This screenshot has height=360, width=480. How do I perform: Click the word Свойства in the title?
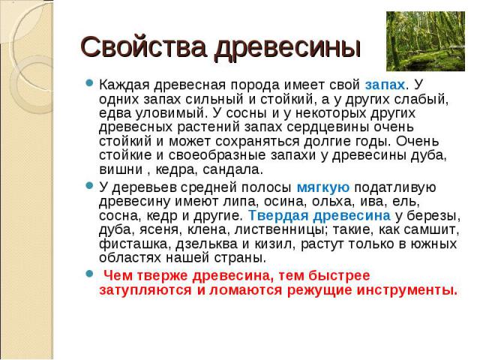pos(143,46)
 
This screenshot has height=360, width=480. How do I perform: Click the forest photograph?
pos(425,41)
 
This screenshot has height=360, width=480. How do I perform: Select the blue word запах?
pos(385,85)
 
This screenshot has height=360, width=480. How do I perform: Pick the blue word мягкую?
pos(323,187)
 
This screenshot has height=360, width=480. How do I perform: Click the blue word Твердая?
pos(278,215)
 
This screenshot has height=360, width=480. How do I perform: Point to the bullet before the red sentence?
pos(89,273)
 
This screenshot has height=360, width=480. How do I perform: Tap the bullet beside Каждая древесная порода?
pos(89,82)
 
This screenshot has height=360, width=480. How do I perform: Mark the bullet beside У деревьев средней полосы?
pos(89,185)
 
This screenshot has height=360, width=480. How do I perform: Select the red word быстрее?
pos(339,276)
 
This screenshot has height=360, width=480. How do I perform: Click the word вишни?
pos(121,169)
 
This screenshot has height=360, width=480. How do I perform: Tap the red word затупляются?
pos(145,290)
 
